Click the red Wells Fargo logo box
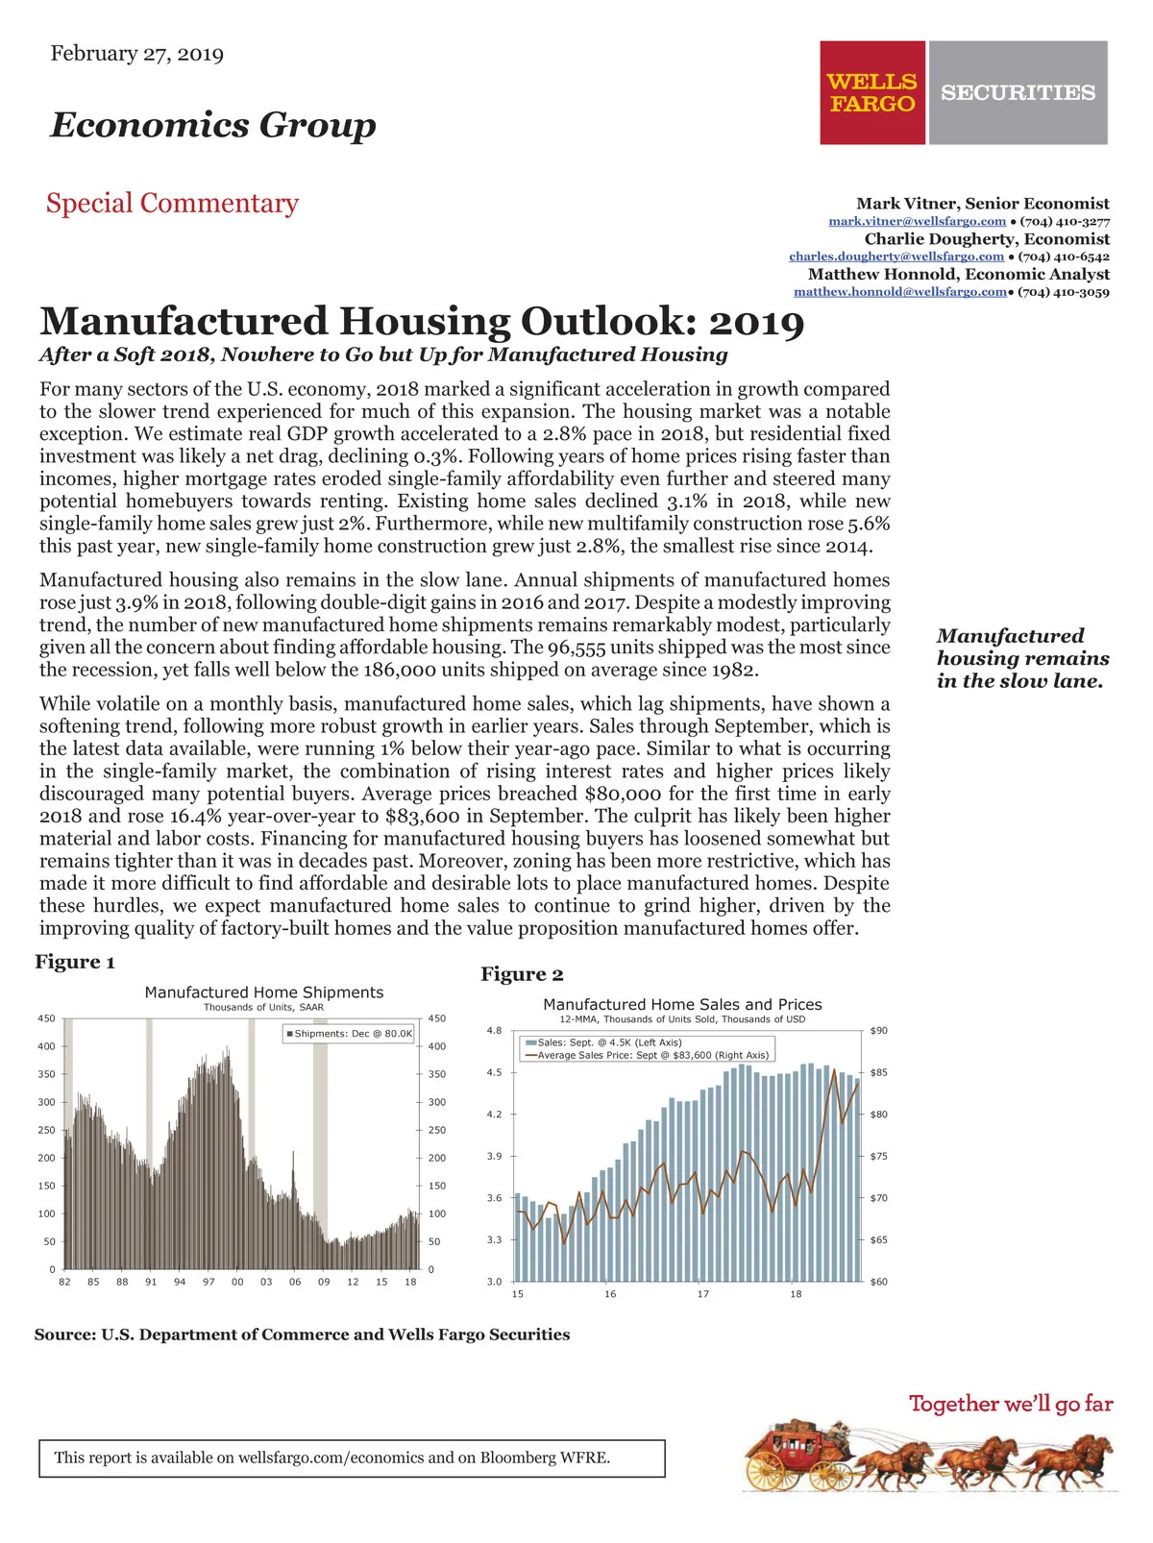pos(871,92)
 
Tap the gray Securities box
pos(1018,92)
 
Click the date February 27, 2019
pos(136,54)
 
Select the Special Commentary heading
pos(172,204)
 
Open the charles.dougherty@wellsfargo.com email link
pos(895,257)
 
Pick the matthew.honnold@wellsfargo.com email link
pos(900,292)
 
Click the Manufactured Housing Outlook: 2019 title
pos(422,322)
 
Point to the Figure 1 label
pos(75,962)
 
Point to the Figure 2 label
pos(522,974)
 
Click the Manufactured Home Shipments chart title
pos(263,992)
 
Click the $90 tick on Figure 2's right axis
pos(878,1031)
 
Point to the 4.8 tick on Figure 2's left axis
pos(494,1031)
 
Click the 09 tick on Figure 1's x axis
pos(324,1282)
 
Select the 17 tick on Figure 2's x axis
pos(703,1294)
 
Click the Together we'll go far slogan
pos(1011,1404)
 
